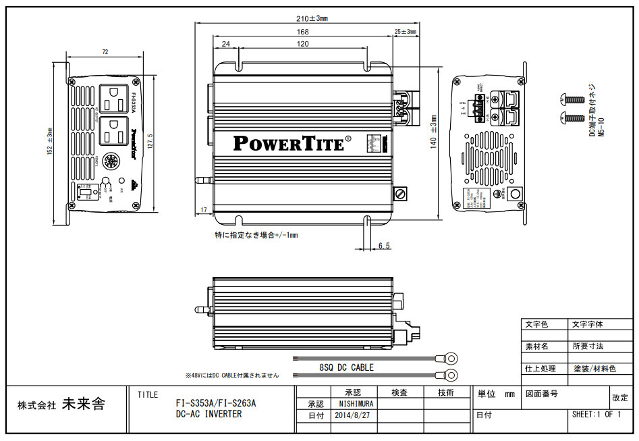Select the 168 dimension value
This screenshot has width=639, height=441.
coord(303,32)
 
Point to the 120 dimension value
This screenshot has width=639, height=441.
coord(302,44)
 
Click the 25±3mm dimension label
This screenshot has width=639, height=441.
coord(405,32)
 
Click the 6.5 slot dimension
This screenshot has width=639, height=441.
coord(384,246)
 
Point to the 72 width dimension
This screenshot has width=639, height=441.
coord(105,52)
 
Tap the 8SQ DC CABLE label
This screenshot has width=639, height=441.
coord(346,367)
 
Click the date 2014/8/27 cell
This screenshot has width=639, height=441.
coord(352,415)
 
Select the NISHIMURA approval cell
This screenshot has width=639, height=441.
coord(352,403)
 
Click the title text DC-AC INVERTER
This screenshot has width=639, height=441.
coord(209,414)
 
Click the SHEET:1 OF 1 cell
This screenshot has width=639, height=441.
coord(596,414)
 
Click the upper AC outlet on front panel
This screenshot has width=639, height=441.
coord(112,98)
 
